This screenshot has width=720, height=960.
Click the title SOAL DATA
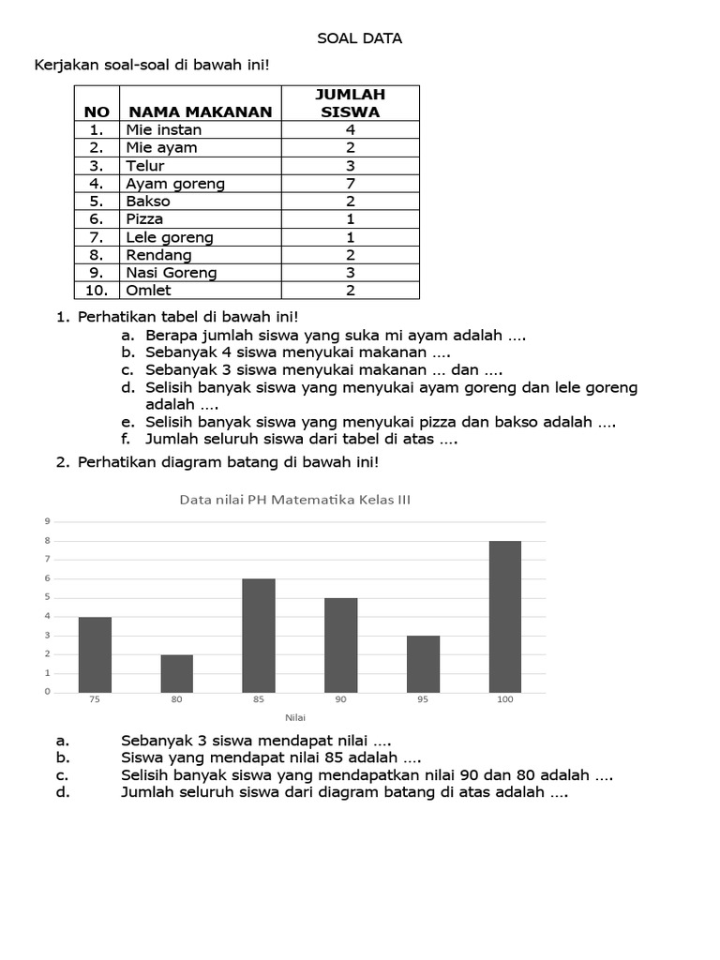click(360, 38)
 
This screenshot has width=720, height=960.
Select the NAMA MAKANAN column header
click(200, 112)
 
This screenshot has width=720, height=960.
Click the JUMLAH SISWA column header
click(350, 103)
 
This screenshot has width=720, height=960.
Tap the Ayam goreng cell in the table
click(175, 184)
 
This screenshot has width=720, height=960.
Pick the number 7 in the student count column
click(350, 184)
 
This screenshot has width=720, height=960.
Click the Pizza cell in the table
click(144, 219)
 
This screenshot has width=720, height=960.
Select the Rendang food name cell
click(158, 255)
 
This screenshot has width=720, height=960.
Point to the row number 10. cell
click(97, 291)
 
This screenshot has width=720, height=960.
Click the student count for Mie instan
click(350, 130)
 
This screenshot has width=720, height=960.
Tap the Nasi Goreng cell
click(171, 273)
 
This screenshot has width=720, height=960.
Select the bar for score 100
click(505, 617)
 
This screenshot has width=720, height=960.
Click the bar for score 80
click(176, 673)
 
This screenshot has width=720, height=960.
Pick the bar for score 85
click(259, 636)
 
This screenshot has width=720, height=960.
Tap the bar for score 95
click(423, 664)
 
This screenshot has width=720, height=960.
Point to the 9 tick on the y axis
click(47, 521)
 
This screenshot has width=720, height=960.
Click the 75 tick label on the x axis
click(95, 699)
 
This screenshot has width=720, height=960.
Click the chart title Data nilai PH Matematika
click(294, 500)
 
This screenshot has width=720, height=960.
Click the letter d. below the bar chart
click(63, 792)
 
